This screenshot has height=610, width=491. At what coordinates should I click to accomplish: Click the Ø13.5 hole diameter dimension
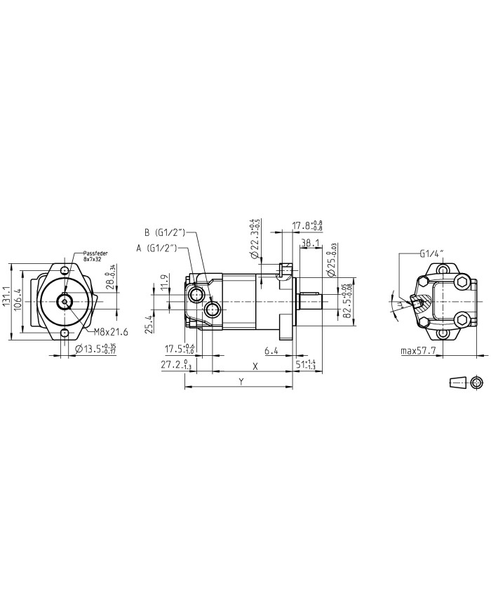pos(93,349)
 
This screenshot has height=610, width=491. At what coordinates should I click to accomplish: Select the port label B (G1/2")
pos(165,232)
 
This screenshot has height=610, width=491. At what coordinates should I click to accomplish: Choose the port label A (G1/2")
pos(159,247)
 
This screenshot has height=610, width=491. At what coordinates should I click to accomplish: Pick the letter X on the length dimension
pos(255,366)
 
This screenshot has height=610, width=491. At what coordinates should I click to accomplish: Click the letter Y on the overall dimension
pos(241,383)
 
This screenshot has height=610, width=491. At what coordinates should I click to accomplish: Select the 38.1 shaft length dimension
pos(310,244)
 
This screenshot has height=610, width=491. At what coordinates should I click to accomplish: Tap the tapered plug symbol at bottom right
pos(458,382)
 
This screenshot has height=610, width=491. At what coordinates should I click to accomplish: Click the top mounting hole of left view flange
pos(65,271)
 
